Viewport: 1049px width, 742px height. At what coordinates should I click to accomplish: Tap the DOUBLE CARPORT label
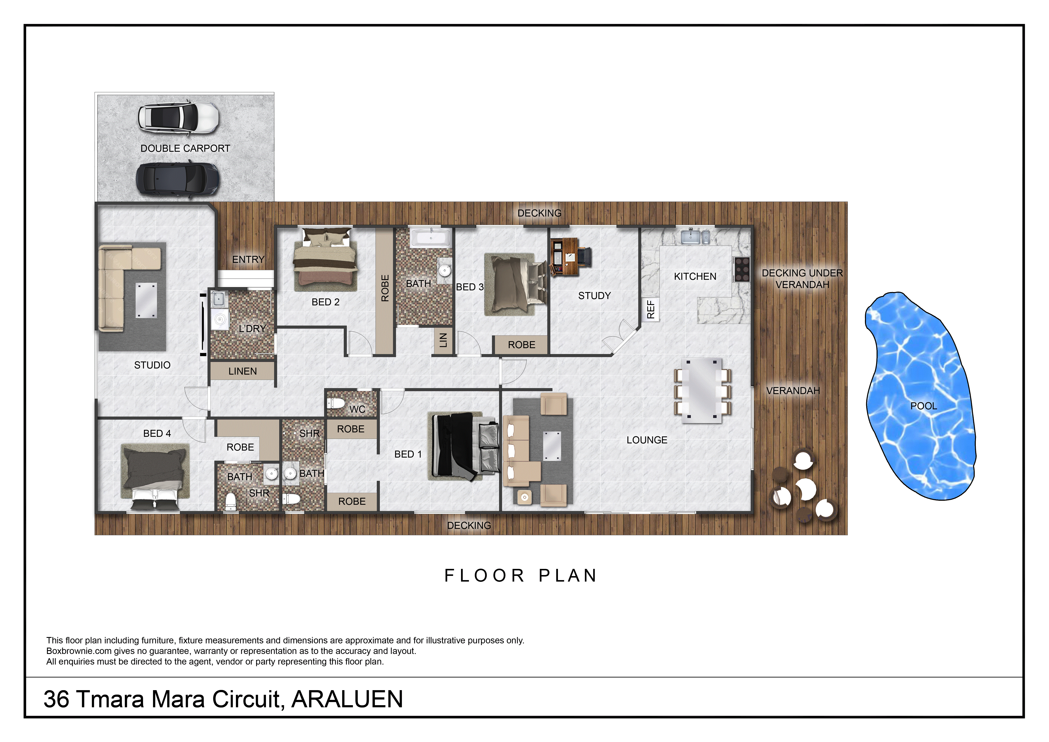[x=185, y=149]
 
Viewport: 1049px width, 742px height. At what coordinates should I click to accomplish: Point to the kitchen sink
[x=695, y=237]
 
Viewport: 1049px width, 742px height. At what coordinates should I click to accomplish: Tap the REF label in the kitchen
[x=651, y=309]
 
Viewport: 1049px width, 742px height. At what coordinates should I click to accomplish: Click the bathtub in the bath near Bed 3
[x=431, y=238]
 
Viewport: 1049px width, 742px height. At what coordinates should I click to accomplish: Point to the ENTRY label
[x=248, y=259]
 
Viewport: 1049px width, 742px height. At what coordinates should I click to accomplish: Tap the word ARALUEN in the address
[x=347, y=699]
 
